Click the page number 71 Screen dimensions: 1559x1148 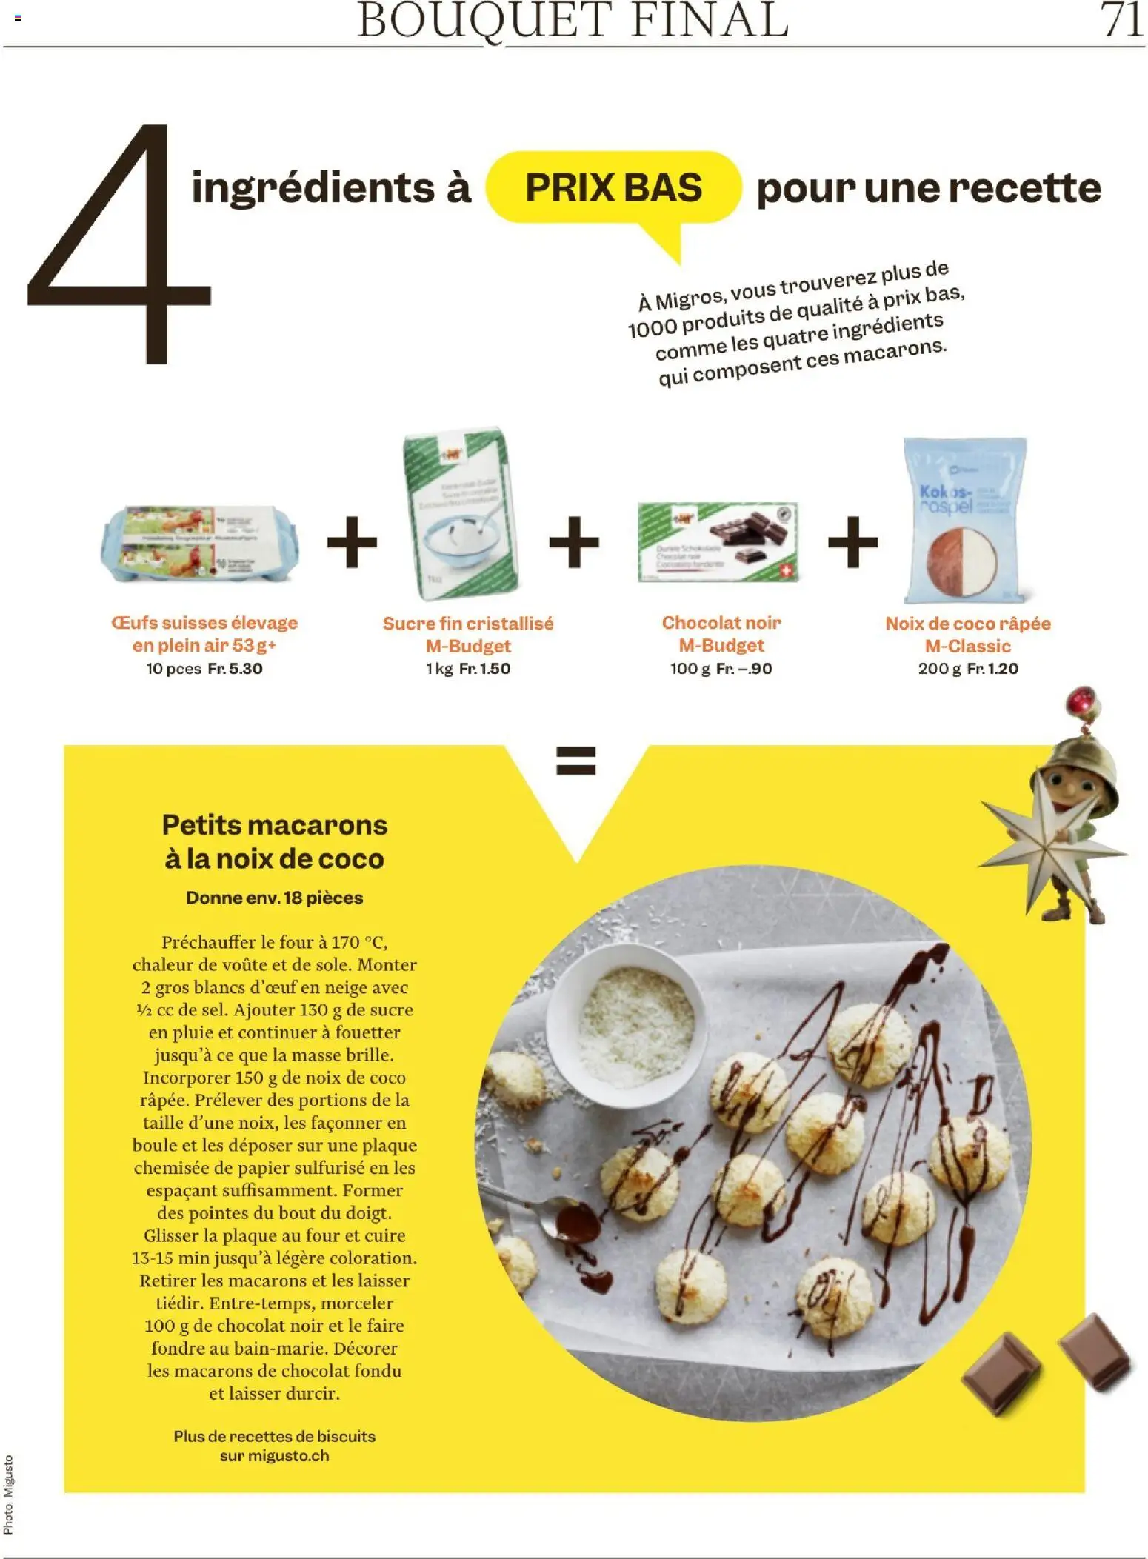tap(1121, 20)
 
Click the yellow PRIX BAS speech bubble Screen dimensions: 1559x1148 tap(613, 188)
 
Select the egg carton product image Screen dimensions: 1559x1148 tap(200, 544)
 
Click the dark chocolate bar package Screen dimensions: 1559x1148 tap(717, 541)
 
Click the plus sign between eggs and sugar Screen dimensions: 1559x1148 tap(352, 542)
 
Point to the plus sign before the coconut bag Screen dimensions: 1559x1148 tap(852, 542)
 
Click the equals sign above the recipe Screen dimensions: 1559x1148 tap(575, 760)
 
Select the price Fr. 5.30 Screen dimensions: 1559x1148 tap(235, 669)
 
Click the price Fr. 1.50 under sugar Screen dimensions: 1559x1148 tap(484, 669)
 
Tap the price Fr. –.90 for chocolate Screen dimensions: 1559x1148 tap(744, 669)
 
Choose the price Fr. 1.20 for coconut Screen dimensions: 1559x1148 tap(992, 669)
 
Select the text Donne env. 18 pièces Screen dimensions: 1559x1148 tap(274, 898)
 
